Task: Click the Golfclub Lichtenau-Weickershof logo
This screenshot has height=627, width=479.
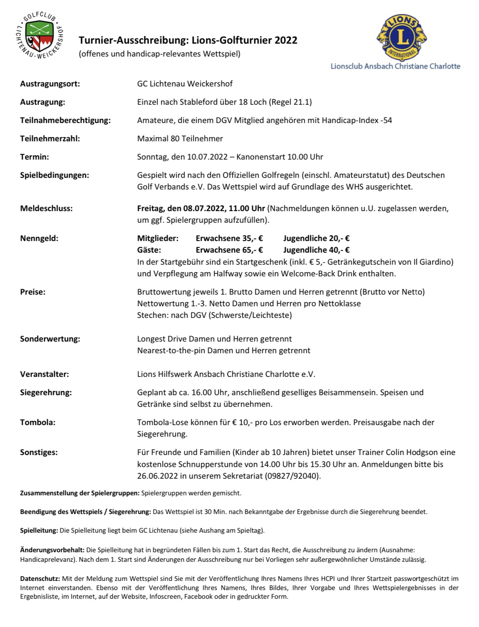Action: [x=40, y=35]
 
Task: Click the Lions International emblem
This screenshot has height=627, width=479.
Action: [x=402, y=37]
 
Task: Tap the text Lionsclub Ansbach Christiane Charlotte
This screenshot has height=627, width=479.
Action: [x=395, y=66]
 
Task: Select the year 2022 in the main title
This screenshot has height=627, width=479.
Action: [x=286, y=40]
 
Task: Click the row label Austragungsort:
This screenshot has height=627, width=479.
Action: [x=50, y=84]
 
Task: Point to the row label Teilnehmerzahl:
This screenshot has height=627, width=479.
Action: [x=50, y=138]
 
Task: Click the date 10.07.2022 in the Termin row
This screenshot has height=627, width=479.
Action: [x=207, y=157]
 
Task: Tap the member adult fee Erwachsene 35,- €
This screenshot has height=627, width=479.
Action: [x=229, y=238]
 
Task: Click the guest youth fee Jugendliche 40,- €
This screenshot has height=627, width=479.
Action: [x=316, y=250]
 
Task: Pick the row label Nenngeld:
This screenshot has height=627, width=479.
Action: [x=39, y=238]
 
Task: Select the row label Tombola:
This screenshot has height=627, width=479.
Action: [x=37, y=422]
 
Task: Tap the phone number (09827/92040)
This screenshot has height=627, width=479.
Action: [x=293, y=476]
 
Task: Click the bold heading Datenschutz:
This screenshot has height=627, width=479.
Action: [x=40, y=578]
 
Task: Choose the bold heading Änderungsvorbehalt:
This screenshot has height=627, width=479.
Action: [x=52, y=550]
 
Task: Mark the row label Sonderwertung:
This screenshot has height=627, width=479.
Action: [x=50, y=339]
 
